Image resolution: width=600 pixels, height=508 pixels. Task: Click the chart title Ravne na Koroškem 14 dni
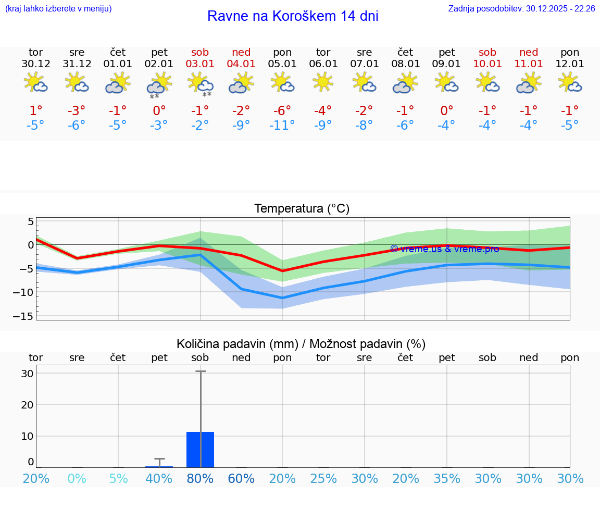(x=293, y=16)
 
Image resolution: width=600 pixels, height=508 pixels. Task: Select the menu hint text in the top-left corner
(x=58, y=8)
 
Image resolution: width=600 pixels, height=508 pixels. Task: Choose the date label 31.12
(x=77, y=64)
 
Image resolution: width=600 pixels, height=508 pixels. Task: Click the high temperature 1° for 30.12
(x=35, y=110)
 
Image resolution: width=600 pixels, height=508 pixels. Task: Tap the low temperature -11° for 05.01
(x=282, y=125)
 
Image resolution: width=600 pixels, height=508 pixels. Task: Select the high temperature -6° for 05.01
(x=282, y=110)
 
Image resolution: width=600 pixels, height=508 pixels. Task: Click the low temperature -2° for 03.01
(x=200, y=125)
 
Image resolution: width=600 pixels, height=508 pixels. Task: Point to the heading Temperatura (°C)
(x=302, y=209)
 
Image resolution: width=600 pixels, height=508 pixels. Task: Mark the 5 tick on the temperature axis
(x=30, y=221)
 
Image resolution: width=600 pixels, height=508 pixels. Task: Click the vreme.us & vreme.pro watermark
(x=444, y=249)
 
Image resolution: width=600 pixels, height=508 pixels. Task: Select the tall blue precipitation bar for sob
(x=201, y=449)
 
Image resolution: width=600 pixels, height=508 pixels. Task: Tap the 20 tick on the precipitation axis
(x=27, y=404)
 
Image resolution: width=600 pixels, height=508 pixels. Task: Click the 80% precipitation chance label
(x=200, y=478)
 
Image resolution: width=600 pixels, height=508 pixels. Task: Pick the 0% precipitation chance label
(x=77, y=478)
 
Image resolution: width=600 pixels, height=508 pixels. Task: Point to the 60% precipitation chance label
(x=241, y=478)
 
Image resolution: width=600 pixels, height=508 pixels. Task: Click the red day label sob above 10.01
(x=488, y=53)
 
